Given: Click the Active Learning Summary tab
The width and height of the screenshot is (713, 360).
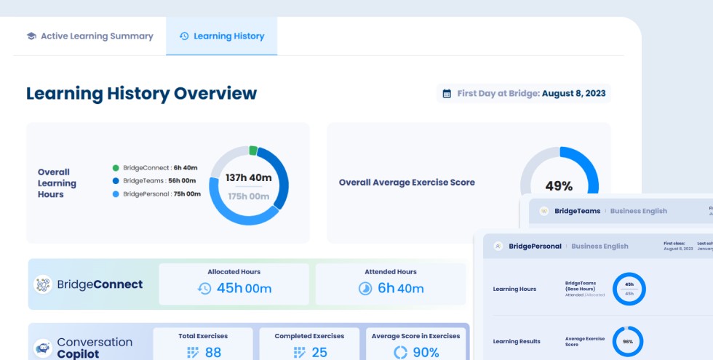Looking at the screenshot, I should pyautogui.click(x=90, y=36).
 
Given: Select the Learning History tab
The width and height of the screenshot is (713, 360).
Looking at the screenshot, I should pyautogui.click(x=222, y=36).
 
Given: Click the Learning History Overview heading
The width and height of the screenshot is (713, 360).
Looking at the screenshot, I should pyautogui.click(x=141, y=93).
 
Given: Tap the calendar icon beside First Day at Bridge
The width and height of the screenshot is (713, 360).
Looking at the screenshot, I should pyautogui.click(x=447, y=93).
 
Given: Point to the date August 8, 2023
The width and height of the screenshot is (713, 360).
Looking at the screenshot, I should pyautogui.click(x=574, y=93).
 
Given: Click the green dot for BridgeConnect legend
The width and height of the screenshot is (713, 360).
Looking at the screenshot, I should pyautogui.click(x=116, y=167).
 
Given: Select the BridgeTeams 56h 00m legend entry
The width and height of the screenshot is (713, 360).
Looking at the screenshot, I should pyautogui.click(x=156, y=180).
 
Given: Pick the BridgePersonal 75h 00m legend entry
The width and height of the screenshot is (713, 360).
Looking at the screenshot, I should pyautogui.click(x=156, y=194).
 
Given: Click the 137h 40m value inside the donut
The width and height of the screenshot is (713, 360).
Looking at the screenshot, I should pyautogui.click(x=249, y=177).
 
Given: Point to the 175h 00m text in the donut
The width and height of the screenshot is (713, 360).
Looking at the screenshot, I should pyautogui.click(x=249, y=196).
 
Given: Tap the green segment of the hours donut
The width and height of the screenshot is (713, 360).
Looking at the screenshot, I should pyautogui.click(x=252, y=151).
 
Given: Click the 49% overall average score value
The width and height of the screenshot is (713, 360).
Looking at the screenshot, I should pyautogui.click(x=559, y=186).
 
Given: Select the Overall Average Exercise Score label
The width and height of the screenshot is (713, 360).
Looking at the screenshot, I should pyautogui.click(x=407, y=183).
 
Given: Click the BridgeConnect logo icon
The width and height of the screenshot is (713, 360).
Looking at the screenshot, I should pyautogui.click(x=43, y=284).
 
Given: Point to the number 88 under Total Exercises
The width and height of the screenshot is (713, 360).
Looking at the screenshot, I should pyautogui.click(x=212, y=352).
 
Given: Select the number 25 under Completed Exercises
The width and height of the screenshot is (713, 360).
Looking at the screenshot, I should pyautogui.click(x=319, y=352).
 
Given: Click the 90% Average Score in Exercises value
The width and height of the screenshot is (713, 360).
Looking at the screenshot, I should pyautogui.click(x=425, y=352).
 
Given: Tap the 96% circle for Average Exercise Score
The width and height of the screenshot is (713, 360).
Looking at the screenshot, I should pyautogui.click(x=628, y=341).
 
